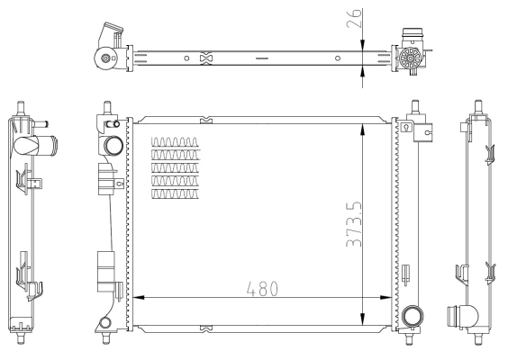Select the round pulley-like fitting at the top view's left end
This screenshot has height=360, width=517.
(x=107, y=59)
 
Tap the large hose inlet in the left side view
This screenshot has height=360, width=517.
(x=41, y=143)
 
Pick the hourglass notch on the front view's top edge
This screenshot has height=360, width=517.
(x=208, y=119)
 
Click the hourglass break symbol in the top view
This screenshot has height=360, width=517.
(x=205, y=58)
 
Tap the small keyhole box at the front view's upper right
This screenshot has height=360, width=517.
(x=406, y=127)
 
